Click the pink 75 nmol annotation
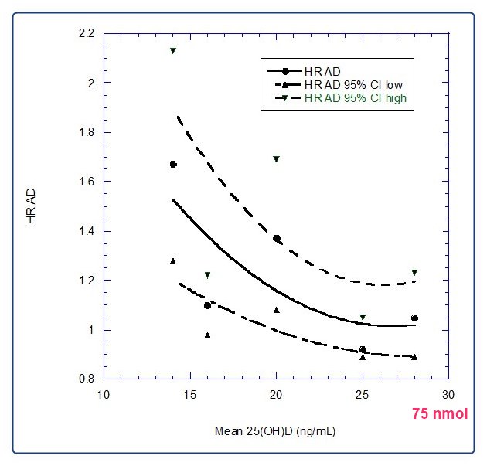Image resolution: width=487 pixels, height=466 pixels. coord(439,413)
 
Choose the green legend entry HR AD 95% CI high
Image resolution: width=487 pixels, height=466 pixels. coord(356,98)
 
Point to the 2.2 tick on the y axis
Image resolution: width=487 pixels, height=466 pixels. coord(86,34)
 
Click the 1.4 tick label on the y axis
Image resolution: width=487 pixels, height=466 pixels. coord(86,231)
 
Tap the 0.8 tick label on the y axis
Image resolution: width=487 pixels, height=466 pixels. coord(86,379)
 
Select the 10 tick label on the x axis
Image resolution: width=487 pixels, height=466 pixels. coord(103,394)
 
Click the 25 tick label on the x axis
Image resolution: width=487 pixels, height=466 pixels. coord(363,394)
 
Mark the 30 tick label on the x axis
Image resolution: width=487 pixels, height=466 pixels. coord(449,394)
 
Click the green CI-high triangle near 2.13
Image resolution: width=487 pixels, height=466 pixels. coord(173,51)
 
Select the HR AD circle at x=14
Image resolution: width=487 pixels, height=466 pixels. coord(173,165)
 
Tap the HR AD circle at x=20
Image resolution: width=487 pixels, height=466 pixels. coord(277,239)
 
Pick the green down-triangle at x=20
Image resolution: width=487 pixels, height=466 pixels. coord(277,159)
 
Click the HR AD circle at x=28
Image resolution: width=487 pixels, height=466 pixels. coord(414,318)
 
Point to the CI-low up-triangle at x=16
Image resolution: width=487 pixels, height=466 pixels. coord(207,335)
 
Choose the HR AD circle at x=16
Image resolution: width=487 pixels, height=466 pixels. coord(207,306)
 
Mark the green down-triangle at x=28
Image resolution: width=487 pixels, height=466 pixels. coord(414,273)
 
